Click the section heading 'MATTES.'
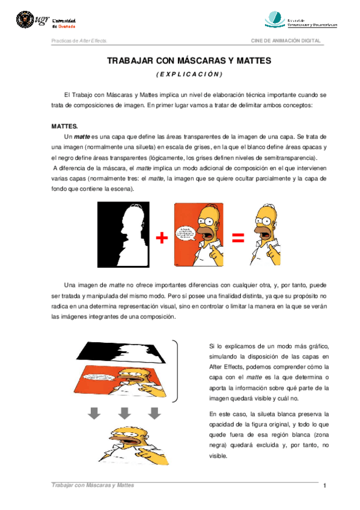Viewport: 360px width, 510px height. tap(65, 127)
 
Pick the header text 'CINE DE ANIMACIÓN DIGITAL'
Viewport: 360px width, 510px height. tap(285, 40)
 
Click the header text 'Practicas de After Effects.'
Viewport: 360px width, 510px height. tap(79, 40)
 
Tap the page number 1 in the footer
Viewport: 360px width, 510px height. tap(325, 485)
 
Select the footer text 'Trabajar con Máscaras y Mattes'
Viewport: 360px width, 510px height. tap(93, 485)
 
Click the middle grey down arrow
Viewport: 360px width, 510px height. tap(124, 413)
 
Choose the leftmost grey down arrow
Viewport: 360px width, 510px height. tap(94, 413)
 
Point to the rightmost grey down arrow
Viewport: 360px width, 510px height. tap(155, 413)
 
